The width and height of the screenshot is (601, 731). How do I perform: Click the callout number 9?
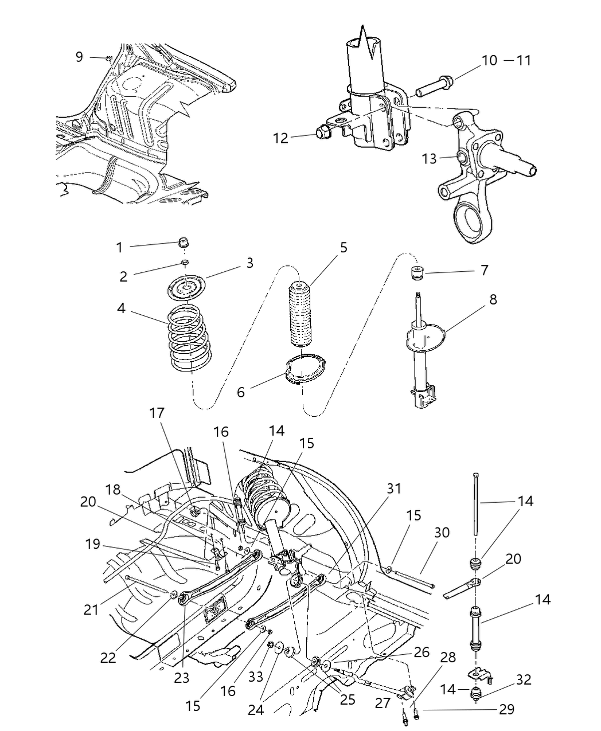coord(79,56)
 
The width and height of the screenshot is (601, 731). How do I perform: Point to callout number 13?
coord(430,158)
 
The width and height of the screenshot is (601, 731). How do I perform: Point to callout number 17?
coord(157,412)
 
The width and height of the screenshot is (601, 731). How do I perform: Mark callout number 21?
coord(91,609)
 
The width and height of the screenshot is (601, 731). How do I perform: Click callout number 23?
coord(181,678)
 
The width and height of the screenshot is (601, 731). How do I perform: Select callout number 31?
coord(393,488)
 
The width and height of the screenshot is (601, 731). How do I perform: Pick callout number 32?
coord(523,680)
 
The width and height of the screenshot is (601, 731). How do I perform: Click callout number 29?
coord(506,709)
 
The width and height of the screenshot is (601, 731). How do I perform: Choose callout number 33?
coord(256,677)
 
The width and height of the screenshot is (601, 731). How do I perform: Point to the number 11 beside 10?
coord(523,60)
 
